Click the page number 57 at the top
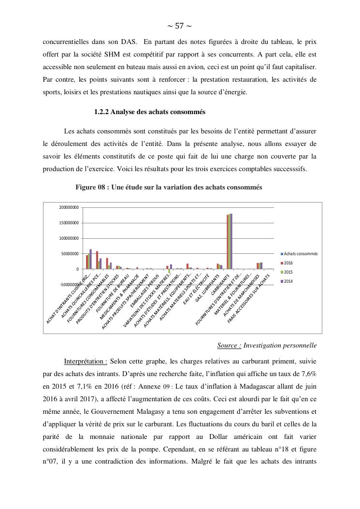180,26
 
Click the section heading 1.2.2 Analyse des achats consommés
150,112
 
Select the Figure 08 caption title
169,188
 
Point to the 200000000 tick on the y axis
69,207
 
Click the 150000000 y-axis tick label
69,223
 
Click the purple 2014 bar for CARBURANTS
231,241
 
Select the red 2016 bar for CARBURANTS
227,242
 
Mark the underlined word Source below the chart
229,346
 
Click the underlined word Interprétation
85,362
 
